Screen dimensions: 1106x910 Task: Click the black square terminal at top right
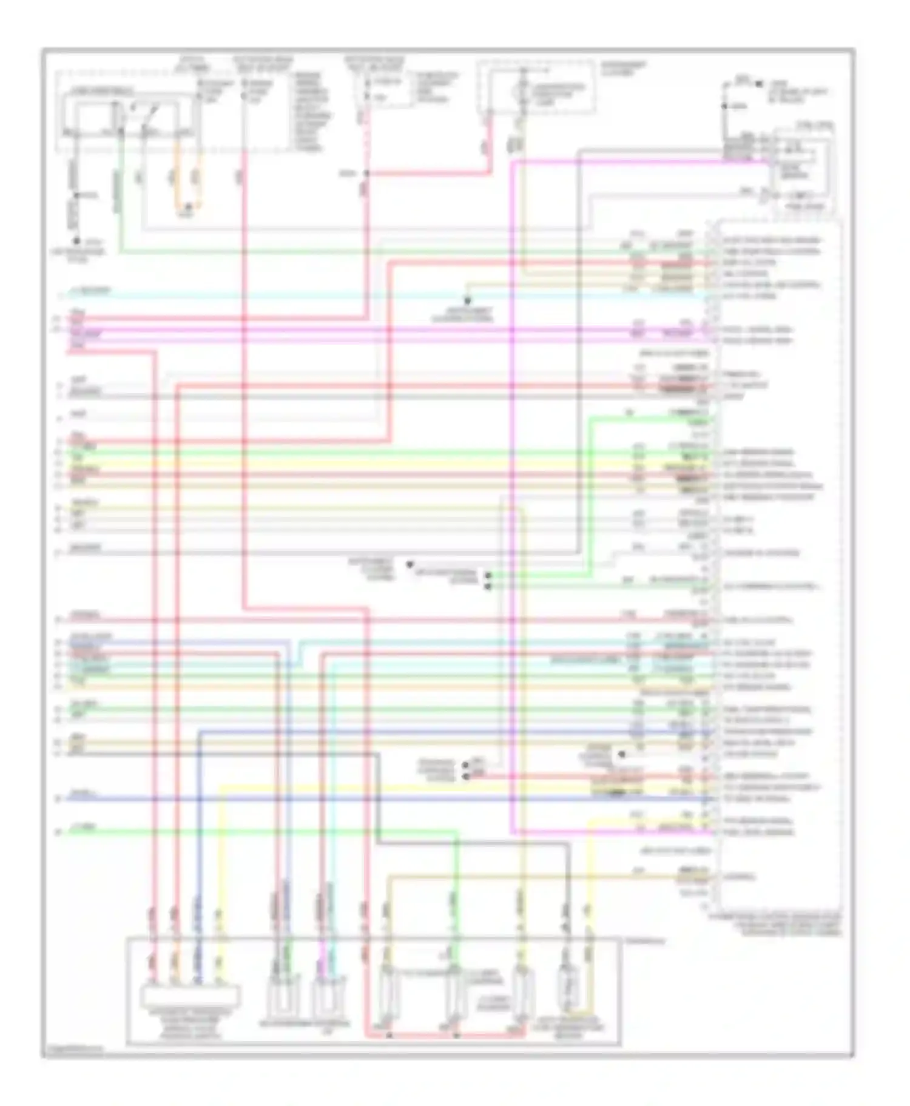(x=759, y=84)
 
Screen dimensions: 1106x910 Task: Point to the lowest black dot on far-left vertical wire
(x=76, y=241)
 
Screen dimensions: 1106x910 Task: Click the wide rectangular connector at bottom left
(x=190, y=996)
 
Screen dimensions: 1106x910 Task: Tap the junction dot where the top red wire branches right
(x=366, y=174)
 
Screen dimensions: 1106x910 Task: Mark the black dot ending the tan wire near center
(x=467, y=301)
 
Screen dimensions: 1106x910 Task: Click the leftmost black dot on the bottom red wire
(x=389, y=1035)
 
